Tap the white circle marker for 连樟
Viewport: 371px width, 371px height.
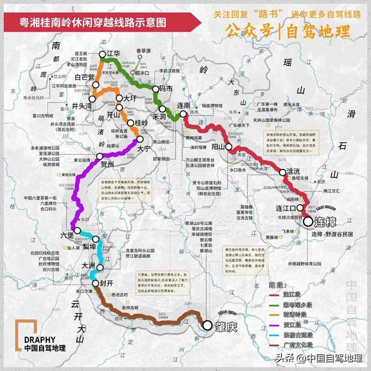[x=307, y=221]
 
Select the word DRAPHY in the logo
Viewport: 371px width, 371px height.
[x=40, y=340]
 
